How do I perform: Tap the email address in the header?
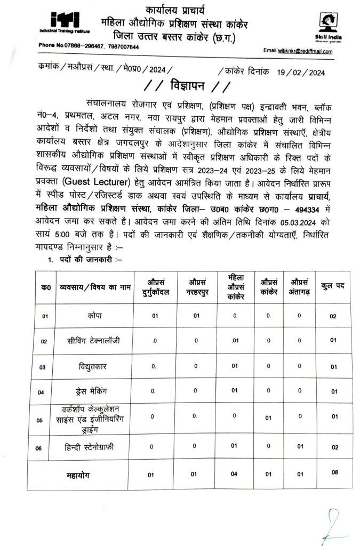305,51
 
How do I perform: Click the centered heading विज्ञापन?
179,86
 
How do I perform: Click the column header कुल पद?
333,286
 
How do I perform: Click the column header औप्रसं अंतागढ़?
299,286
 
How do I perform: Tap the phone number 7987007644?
119,47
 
